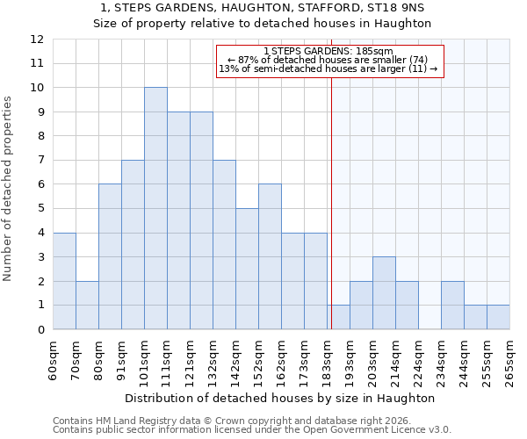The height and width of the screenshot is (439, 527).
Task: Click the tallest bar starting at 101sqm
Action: point(155,208)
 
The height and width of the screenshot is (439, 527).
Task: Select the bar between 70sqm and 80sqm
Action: point(87,305)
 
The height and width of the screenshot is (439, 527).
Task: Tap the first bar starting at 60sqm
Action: point(64,281)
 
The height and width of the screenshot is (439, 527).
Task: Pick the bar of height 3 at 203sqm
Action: point(384,293)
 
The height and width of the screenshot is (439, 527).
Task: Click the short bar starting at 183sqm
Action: point(338,317)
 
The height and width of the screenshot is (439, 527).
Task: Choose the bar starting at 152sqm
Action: point(270,256)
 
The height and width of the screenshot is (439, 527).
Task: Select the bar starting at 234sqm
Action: point(452,305)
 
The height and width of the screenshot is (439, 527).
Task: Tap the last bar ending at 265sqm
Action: point(498,317)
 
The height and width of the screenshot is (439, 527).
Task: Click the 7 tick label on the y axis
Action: point(40,161)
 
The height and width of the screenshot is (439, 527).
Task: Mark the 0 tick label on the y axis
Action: point(40,329)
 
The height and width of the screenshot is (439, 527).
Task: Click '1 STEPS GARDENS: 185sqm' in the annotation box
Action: point(328,52)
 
